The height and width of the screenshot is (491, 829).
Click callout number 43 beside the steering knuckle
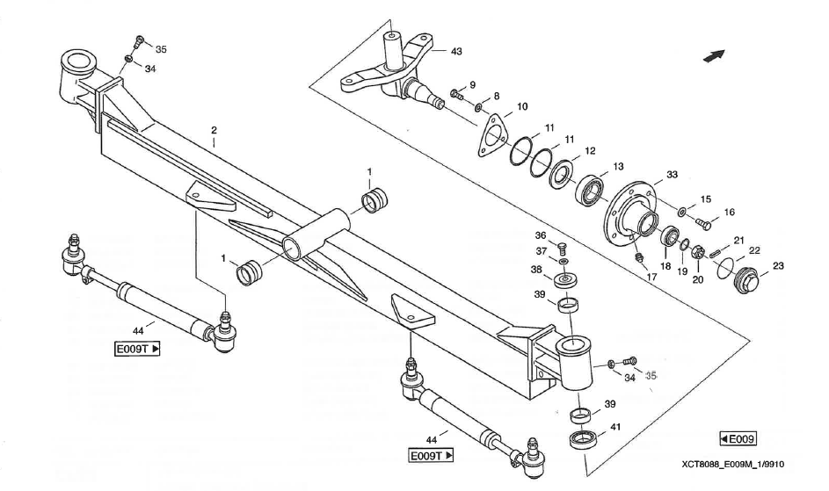tap(456, 51)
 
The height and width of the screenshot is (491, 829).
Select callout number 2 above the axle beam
tap(213, 130)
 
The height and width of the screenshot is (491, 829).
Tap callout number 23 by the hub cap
tap(779, 265)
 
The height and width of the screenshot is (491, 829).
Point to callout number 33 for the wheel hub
tap(672, 175)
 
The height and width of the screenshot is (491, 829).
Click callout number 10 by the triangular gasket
tap(522, 106)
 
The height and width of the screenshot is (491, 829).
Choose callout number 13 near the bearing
tap(619, 166)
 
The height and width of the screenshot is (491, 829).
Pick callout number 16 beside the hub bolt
tap(729, 212)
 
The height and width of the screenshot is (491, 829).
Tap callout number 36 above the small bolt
tap(541, 235)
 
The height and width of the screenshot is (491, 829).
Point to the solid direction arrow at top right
tap(713, 55)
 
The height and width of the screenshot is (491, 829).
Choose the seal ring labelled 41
tap(582, 438)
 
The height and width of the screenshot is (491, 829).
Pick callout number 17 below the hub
tap(651, 277)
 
